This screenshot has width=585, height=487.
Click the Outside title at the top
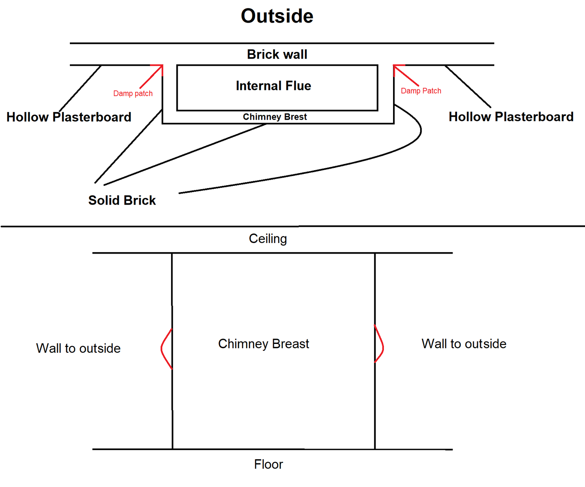click(277, 16)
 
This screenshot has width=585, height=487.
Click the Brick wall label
click(277, 55)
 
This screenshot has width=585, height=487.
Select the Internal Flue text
click(273, 86)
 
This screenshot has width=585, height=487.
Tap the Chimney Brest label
click(275, 117)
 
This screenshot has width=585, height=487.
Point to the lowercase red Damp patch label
click(133, 94)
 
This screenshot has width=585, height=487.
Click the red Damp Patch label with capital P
click(421, 91)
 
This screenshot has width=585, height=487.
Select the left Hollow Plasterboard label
click(69, 117)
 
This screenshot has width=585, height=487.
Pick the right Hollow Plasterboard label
click(511, 117)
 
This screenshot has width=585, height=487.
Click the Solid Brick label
click(122, 201)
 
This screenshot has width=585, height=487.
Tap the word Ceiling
click(268, 239)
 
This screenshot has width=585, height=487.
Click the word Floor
click(268, 464)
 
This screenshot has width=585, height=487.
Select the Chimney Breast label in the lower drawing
click(264, 344)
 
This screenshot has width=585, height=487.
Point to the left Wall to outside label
click(78, 348)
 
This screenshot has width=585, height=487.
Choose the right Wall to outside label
click(464, 344)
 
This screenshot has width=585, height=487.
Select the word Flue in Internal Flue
click(298, 86)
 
